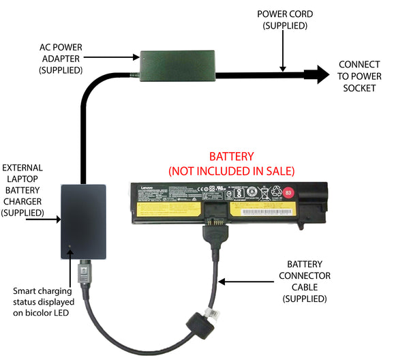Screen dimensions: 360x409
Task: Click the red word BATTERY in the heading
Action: pos(231,156)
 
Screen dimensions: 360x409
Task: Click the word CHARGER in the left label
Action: pos(22,201)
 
